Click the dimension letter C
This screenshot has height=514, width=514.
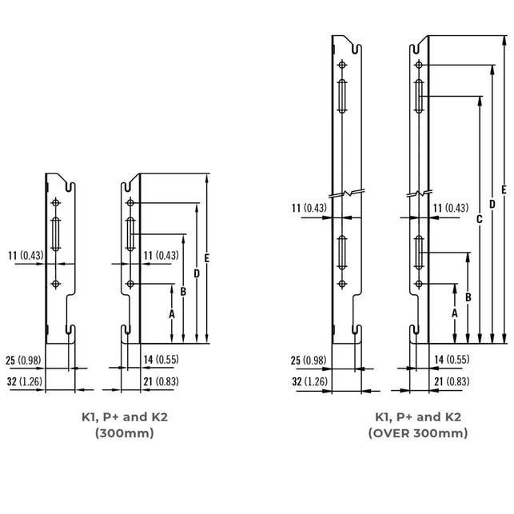(x=480, y=219)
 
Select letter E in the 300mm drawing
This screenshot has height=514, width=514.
(x=206, y=258)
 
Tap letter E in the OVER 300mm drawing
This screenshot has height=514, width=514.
(x=504, y=189)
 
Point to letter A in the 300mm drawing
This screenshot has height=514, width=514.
(x=172, y=314)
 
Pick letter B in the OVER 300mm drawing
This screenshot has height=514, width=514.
(x=468, y=297)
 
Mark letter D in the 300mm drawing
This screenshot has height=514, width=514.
(x=197, y=273)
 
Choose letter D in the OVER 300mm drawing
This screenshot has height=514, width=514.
(x=492, y=204)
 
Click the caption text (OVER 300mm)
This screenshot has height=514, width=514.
(x=418, y=433)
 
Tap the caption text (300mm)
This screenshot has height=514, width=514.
(x=125, y=433)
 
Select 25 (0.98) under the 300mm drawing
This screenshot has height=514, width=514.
(x=23, y=361)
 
